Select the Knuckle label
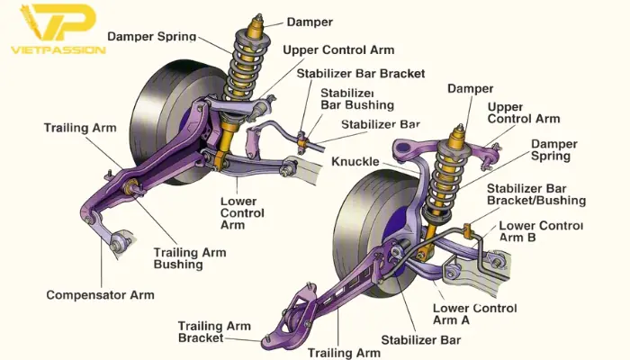pyautogui.click(x=355, y=162)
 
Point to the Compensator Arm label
pyautogui.click(x=99, y=295)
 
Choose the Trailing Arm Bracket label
pyautogui.click(x=212, y=332)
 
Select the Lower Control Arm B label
pyautogui.click(x=540, y=231)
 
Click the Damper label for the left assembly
pyautogui.click(x=309, y=22)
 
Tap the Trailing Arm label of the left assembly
pyautogui.click(x=79, y=128)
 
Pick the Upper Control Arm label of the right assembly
pyautogui.click(x=523, y=112)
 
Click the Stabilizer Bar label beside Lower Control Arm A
pyautogui.click(x=419, y=339)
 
